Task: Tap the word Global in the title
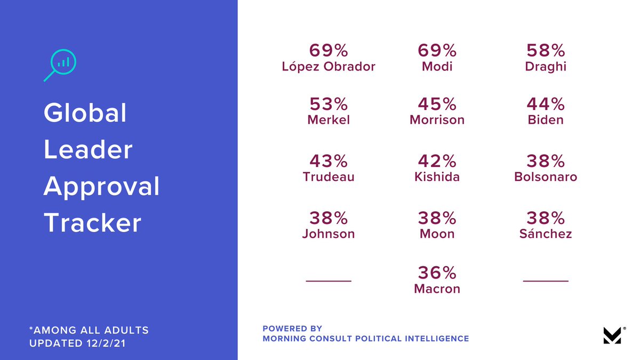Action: (x=85, y=113)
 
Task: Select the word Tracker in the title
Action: (x=92, y=223)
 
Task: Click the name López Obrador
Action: (x=329, y=67)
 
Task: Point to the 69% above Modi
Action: (x=437, y=51)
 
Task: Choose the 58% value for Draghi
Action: (x=546, y=51)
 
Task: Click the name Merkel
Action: (x=329, y=119)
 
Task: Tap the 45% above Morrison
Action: (x=437, y=104)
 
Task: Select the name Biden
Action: (x=546, y=119)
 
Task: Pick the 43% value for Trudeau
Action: (x=329, y=161)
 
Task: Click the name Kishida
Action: (x=437, y=177)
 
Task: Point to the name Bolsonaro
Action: (x=546, y=177)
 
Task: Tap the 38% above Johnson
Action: (x=329, y=218)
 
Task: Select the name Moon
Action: (x=437, y=234)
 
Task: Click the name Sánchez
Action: (x=546, y=234)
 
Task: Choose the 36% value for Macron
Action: (x=437, y=273)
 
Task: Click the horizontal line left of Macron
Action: (x=329, y=281)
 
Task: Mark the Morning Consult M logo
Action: (x=613, y=335)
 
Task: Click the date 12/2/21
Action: (x=106, y=343)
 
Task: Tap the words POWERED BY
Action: (x=292, y=329)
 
